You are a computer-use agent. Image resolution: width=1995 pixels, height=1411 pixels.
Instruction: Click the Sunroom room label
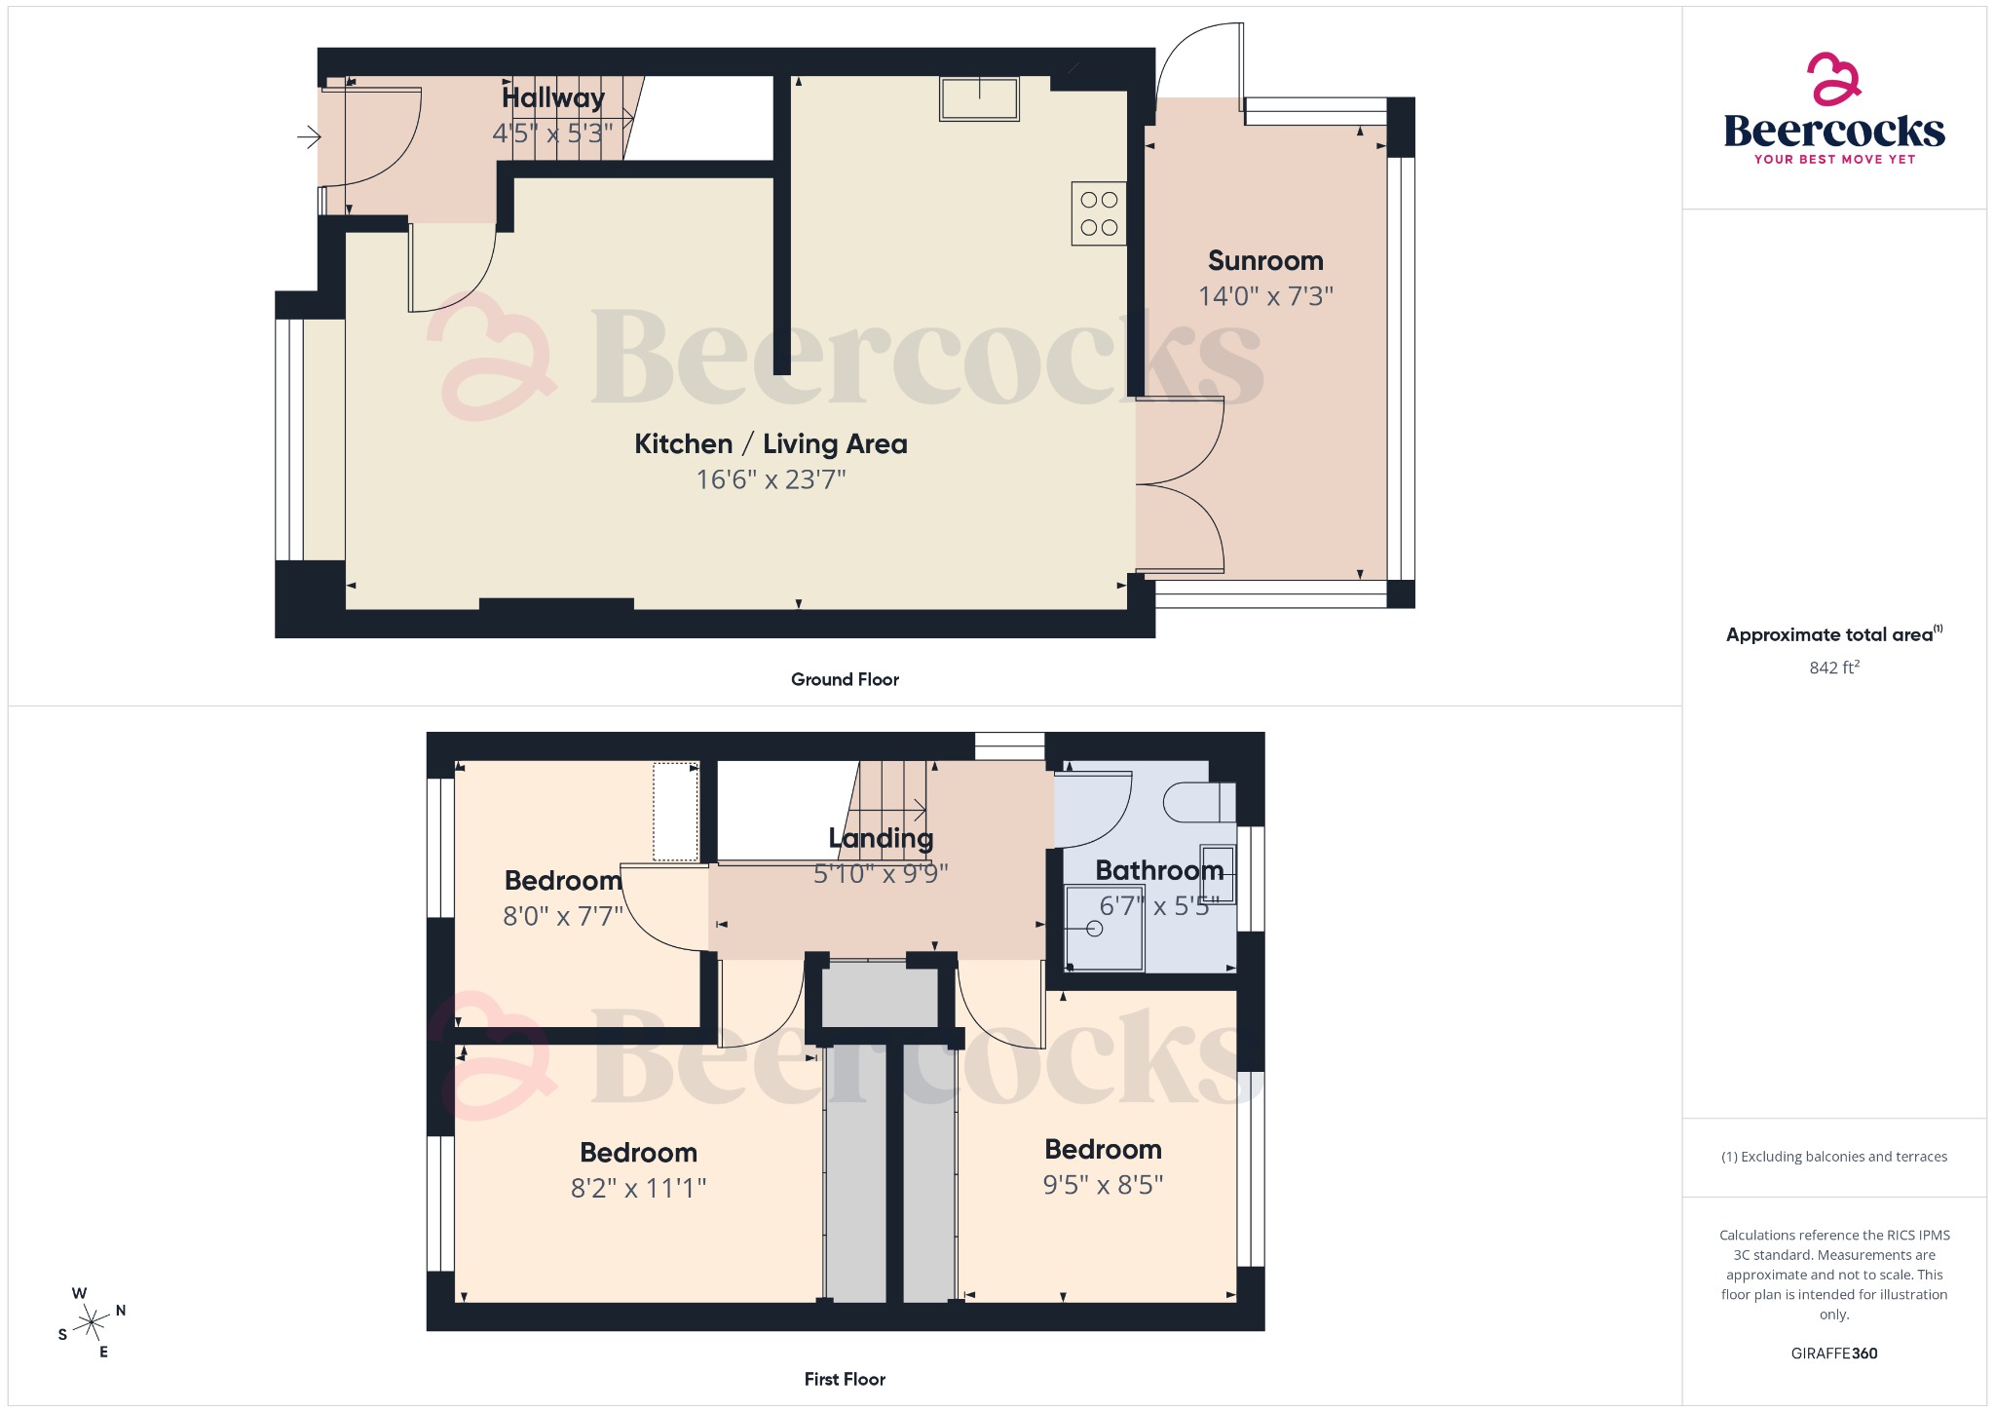coord(1264,261)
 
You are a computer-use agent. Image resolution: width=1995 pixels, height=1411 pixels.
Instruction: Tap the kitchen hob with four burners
coord(1099,213)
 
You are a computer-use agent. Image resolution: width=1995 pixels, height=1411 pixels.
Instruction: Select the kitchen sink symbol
coord(979,99)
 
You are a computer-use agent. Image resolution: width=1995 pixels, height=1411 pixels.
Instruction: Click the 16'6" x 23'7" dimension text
coord(771,479)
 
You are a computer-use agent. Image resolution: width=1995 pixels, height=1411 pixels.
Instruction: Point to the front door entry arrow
coord(309,137)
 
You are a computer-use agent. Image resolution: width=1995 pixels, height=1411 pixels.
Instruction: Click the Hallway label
coord(552,97)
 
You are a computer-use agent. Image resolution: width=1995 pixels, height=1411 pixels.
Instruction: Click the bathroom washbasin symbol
coord(1218,874)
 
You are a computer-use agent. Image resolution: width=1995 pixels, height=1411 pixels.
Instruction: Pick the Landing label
coord(881,838)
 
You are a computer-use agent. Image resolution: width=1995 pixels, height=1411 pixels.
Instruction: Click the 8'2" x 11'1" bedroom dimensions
coord(638,1188)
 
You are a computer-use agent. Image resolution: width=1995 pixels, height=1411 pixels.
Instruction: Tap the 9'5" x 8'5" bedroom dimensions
coord(1103,1184)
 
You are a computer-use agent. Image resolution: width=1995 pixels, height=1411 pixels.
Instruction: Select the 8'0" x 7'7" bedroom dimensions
coord(562,916)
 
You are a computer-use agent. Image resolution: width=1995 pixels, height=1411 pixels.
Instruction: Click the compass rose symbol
coord(92,1322)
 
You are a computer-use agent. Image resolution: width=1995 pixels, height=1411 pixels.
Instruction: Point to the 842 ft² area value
coord(1833,667)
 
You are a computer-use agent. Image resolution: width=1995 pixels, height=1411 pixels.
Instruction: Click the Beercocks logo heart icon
coord(1833,79)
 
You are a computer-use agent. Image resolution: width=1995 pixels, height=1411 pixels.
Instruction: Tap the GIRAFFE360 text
coord(1833,1353)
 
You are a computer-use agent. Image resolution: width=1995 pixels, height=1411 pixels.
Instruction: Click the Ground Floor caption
coord(845,679)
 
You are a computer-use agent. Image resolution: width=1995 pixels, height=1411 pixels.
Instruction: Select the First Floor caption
coord(845,1379)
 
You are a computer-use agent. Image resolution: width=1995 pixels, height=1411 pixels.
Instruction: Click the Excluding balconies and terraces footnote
coord(1833,1157)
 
